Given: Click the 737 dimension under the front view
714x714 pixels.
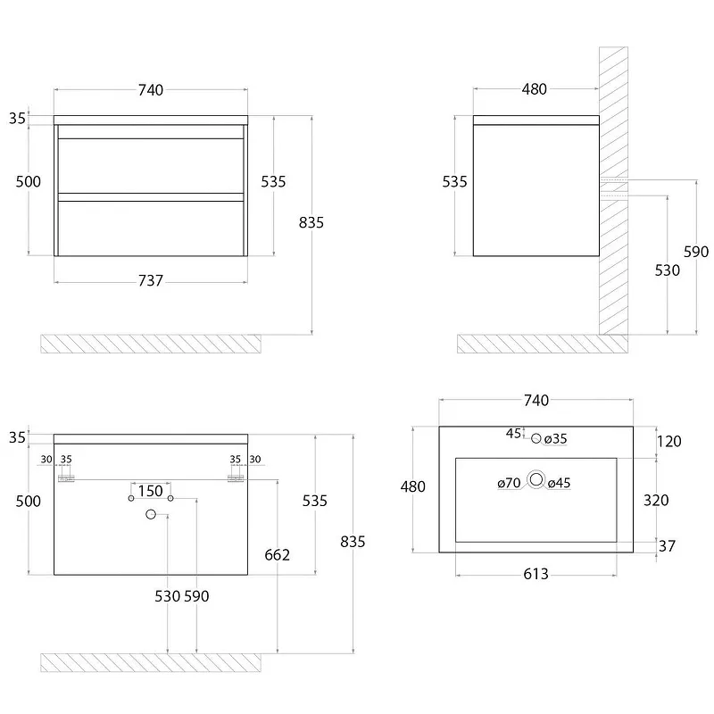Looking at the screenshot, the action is point(151,280).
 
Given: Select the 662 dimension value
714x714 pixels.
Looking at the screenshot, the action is point(277,554).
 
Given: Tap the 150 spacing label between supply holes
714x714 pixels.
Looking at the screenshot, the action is point(150,491).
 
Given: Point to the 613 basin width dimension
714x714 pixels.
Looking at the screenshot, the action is point(536,574).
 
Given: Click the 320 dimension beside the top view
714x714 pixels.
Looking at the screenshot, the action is point(656,500).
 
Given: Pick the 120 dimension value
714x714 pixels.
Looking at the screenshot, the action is point(668,441).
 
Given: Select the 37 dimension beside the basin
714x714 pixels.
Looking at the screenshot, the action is point(667,545).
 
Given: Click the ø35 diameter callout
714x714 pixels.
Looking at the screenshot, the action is point(555,438).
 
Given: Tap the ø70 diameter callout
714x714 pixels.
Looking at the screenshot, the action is point(509,483).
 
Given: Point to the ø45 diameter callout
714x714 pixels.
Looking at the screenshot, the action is point(560,483).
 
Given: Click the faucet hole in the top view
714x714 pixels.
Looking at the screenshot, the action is point(536,438).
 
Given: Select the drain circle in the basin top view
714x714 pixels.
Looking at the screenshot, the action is point(536,479).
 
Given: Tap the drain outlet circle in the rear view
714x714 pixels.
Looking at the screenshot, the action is point(151,514).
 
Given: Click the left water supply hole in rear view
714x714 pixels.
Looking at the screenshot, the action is point(131,498).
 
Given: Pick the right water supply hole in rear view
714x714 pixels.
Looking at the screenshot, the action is point(170,498).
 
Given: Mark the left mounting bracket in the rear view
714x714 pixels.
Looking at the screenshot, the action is point(66,478).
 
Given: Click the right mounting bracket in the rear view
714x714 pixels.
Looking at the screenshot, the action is point(236,478).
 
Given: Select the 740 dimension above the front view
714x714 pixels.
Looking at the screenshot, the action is point(151,90).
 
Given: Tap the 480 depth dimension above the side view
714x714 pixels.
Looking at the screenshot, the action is point(534,88).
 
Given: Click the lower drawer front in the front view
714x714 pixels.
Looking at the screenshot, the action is point(151,228).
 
